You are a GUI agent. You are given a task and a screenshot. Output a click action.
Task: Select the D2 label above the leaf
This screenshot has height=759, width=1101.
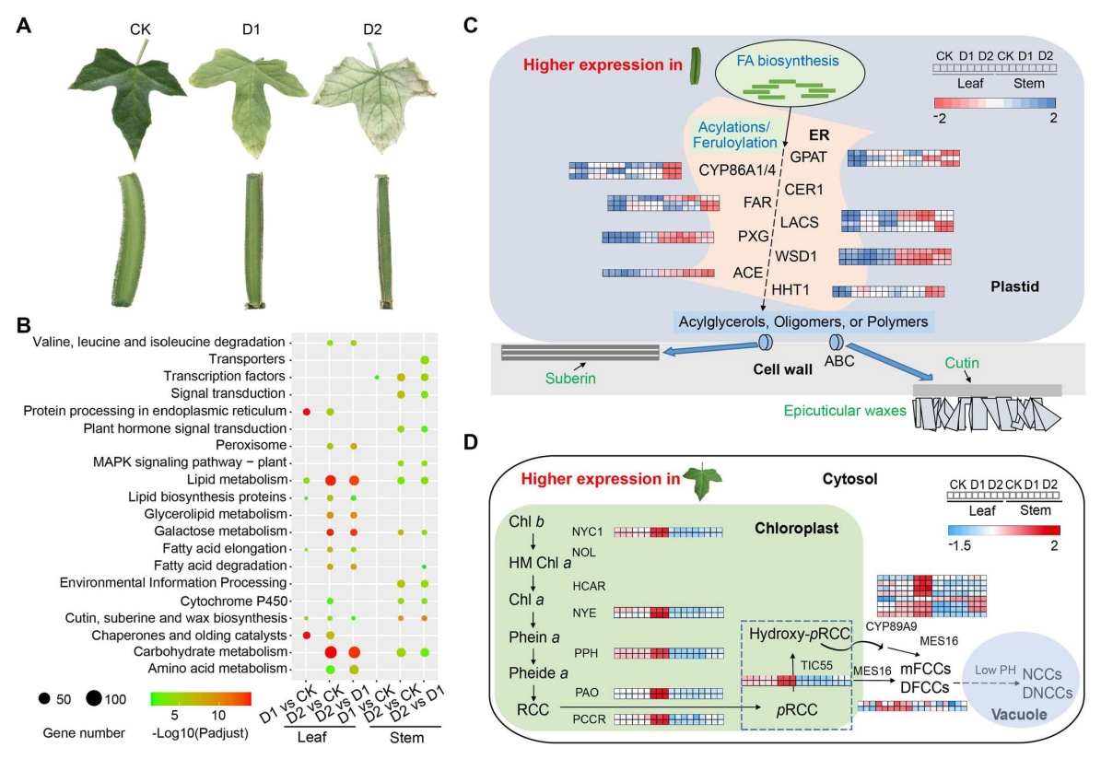click(x=371, y=29)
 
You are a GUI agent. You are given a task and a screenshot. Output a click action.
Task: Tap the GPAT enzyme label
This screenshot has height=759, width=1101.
click(x=808, y=157)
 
